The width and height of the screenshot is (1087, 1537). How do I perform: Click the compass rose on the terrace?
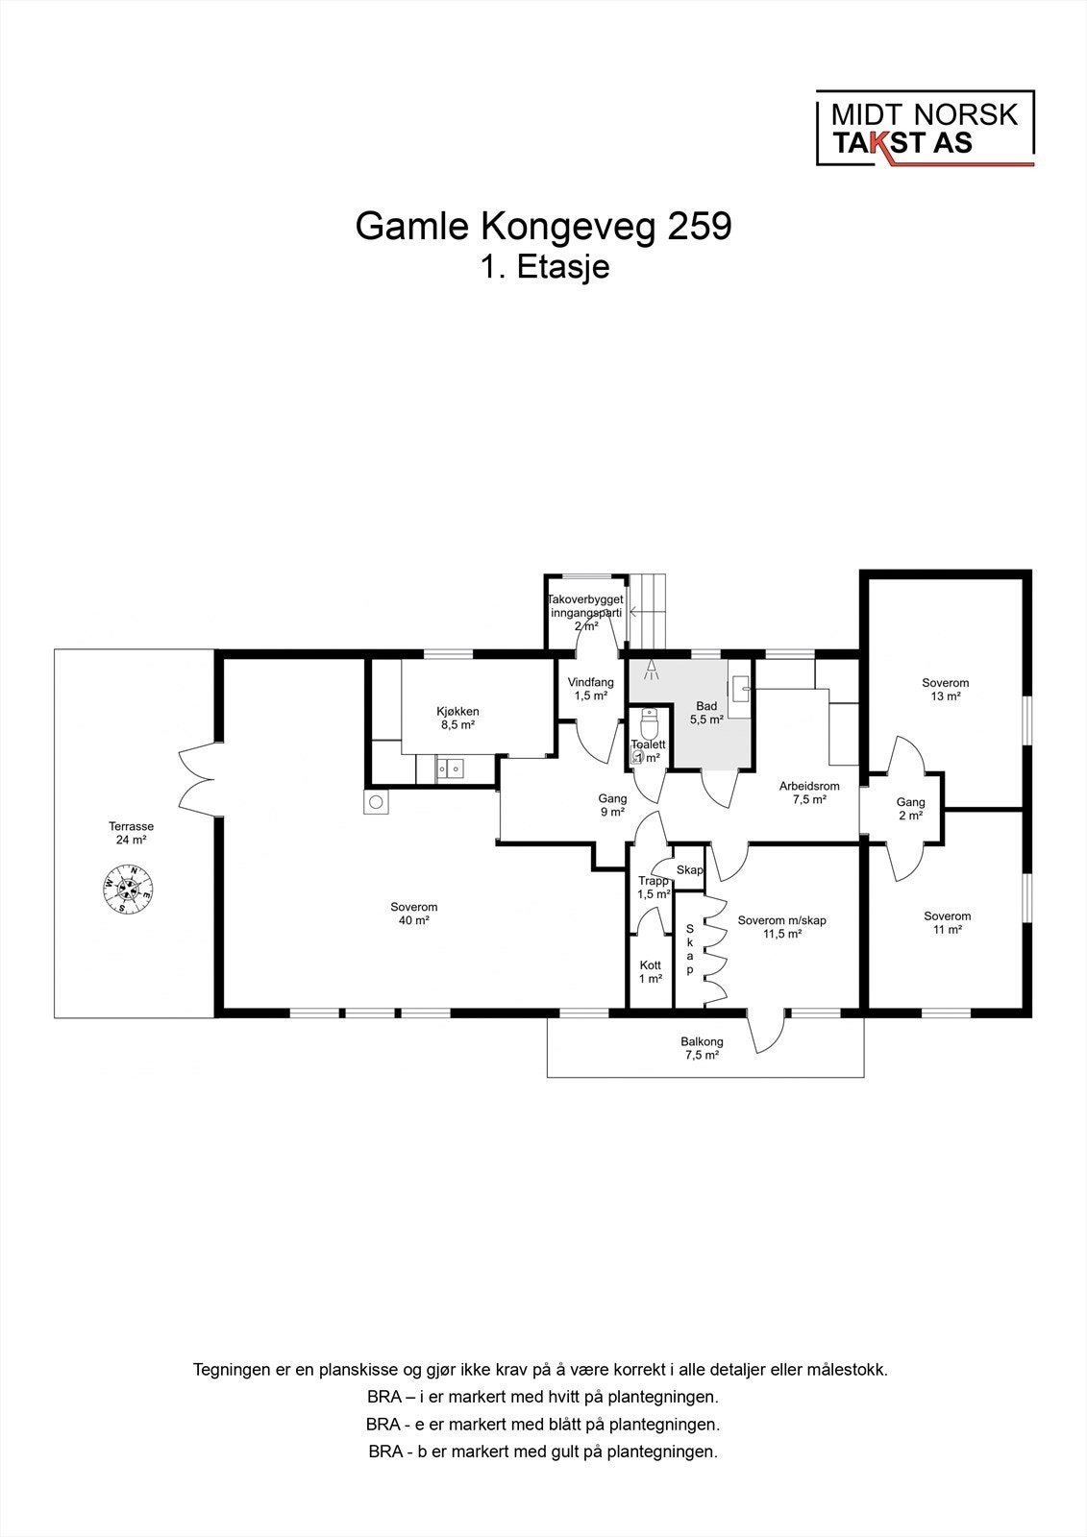[129, 889]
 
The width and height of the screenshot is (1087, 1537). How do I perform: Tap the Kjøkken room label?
[457, 719]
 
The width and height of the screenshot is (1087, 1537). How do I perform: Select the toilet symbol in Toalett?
[648, 720]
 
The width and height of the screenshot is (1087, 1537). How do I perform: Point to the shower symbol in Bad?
[650, 670]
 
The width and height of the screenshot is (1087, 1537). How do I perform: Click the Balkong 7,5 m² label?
[702, 1048]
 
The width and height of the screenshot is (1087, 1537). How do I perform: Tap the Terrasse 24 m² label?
[132, 833]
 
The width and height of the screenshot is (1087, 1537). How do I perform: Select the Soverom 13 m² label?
[945, 690]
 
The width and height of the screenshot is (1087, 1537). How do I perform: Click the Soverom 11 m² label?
[947, 923]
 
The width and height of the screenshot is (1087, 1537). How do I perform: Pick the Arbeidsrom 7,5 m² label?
[808, 793]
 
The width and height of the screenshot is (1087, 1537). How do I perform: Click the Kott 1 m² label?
[651, 972]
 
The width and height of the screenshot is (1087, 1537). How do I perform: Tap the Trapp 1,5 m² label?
[654, 888]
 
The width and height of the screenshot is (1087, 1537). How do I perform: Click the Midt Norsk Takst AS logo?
[925, 129]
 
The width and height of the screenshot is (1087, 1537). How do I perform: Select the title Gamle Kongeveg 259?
[543, 227]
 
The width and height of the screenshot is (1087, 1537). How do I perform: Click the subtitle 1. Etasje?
[545, 267]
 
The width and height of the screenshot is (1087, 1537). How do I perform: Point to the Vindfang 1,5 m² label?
[590, 689]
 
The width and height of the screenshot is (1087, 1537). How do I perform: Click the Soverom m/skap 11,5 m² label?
[781, 926]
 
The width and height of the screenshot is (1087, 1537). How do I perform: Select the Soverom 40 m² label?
[413, 913]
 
